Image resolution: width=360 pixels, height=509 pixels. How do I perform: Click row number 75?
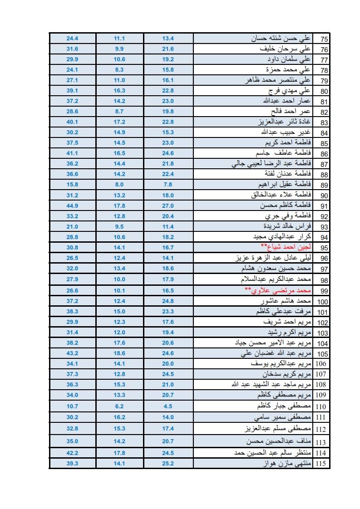(x=324, y=39)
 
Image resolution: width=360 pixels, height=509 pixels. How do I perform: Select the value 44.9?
(x=73, y=206)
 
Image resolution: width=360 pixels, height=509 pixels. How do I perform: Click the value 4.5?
(x=168, y=406)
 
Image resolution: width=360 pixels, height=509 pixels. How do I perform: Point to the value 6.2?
(x=120, y=406)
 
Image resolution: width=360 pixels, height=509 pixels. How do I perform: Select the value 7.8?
(x=168, y=185)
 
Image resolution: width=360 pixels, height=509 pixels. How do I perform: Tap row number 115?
(x=324, y=464)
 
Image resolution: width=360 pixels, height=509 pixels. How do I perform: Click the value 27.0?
(x=168, y=206)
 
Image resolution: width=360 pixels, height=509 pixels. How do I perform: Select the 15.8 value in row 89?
(x=73, y=185)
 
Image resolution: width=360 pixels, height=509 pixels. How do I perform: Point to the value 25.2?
(x=168, y=464)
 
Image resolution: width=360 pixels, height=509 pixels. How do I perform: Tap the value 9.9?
(x=120, y=49)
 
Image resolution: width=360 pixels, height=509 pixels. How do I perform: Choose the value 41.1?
(x=73, y=153)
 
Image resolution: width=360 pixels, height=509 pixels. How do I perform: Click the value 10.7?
(x=73, y=406)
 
